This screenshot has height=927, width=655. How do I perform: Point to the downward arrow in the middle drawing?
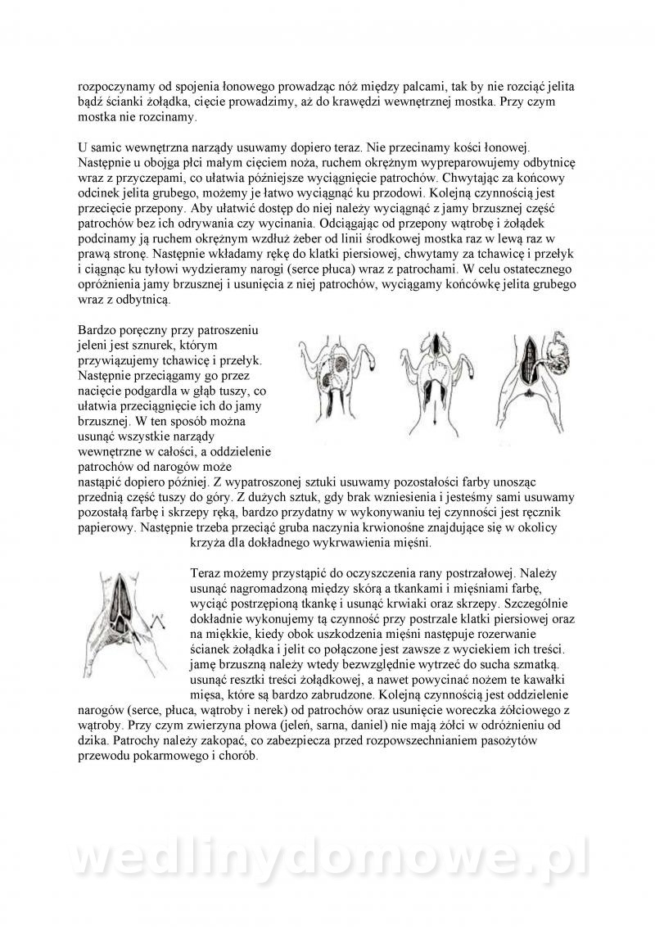(x=436, y=419)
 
